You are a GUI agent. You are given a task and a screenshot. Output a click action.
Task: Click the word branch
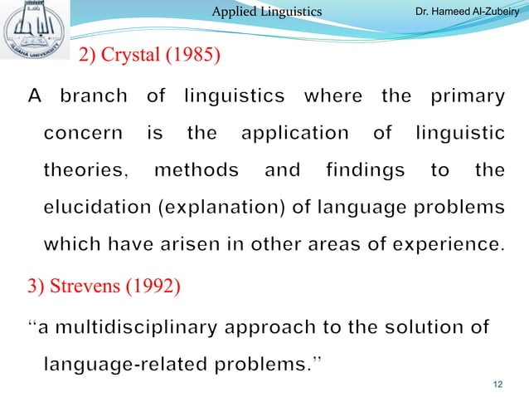pyautogui.click(x=95, y=96)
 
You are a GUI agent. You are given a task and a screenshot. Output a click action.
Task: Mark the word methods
pyautogui.click(x=197, y=170)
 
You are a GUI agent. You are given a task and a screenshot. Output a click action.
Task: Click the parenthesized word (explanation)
pyautogui.click(x=214, y=208)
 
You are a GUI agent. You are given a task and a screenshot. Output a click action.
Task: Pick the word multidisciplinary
pyautogui.click(x=145, y=326)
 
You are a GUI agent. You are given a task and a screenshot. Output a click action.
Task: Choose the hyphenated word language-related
pyautogui.click(x=119, y=364)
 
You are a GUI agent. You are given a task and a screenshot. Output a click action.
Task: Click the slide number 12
pyautogui.click(x=498, y=383)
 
